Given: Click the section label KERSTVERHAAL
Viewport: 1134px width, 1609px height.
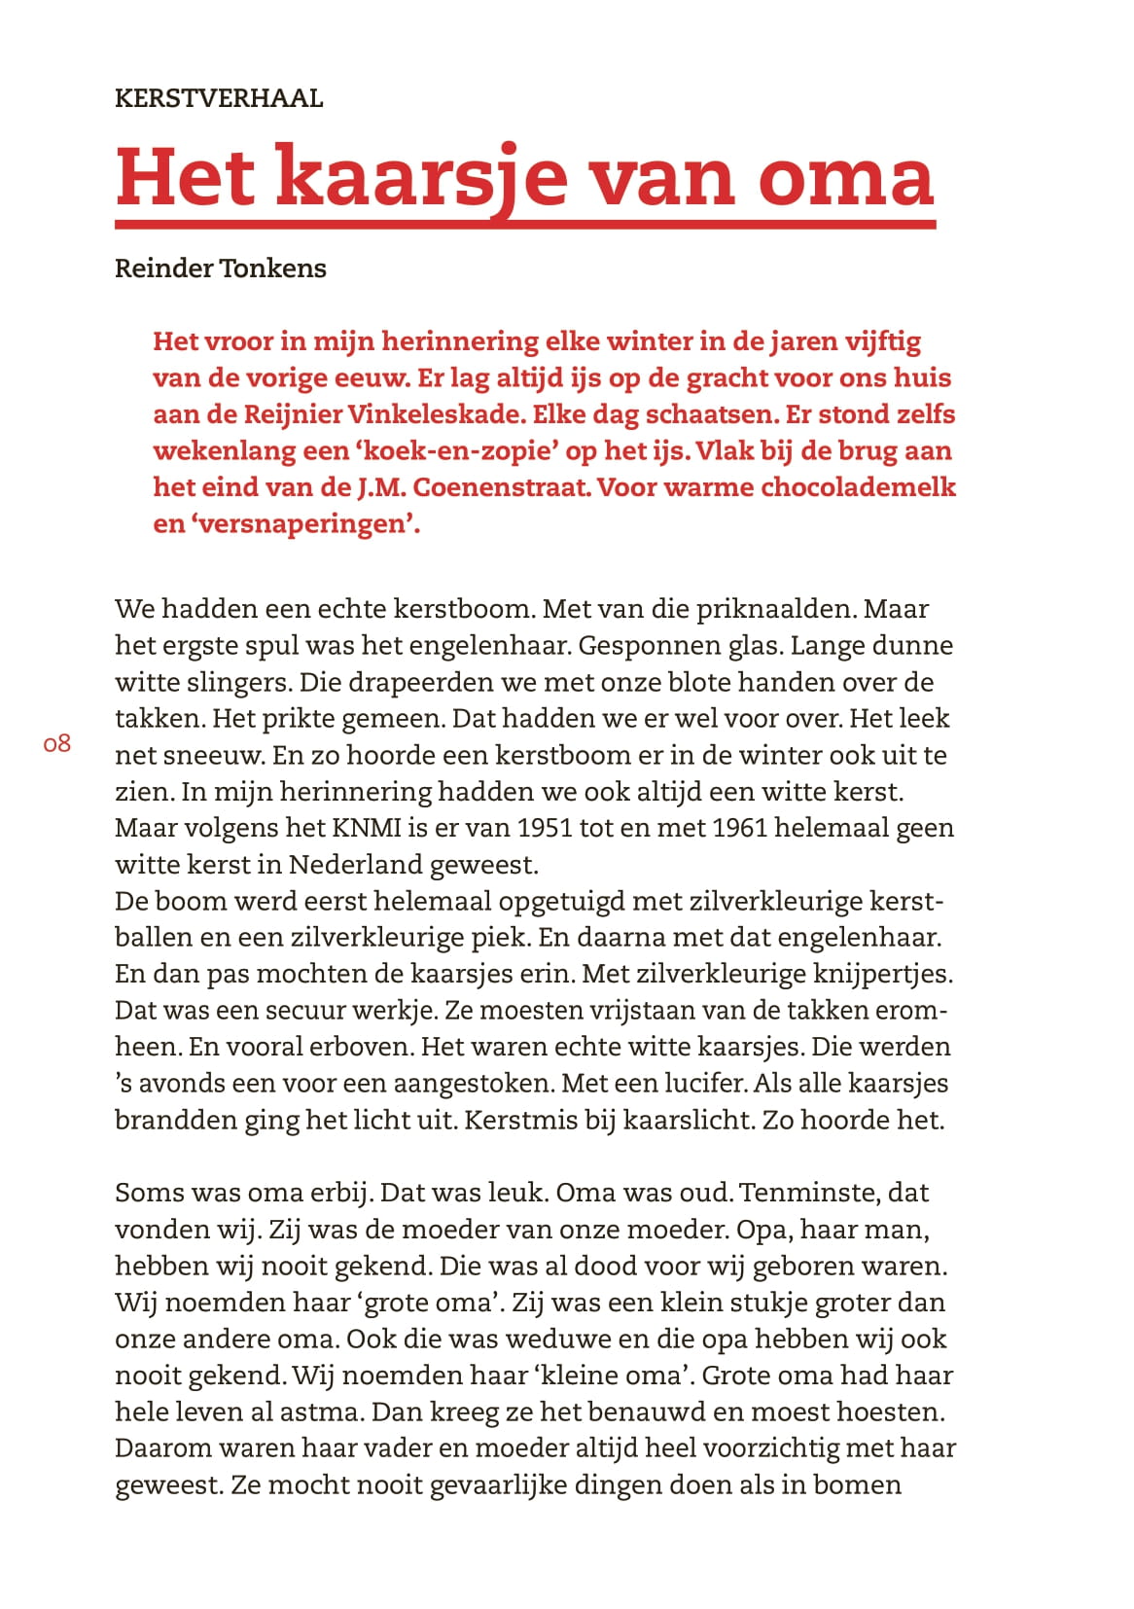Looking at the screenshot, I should [x=219, y=98].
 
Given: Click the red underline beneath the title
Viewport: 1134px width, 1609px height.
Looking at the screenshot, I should [x=525, y=226].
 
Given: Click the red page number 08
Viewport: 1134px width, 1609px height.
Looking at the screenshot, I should [x=57, y=744].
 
